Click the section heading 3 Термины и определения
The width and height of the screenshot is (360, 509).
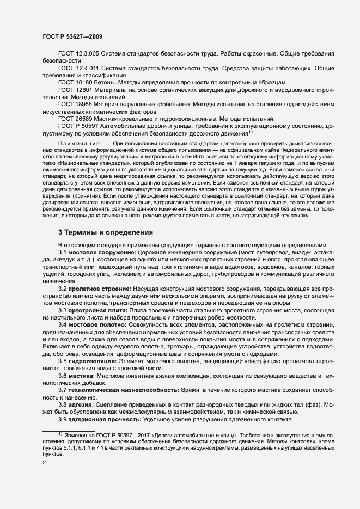click(106, 232)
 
